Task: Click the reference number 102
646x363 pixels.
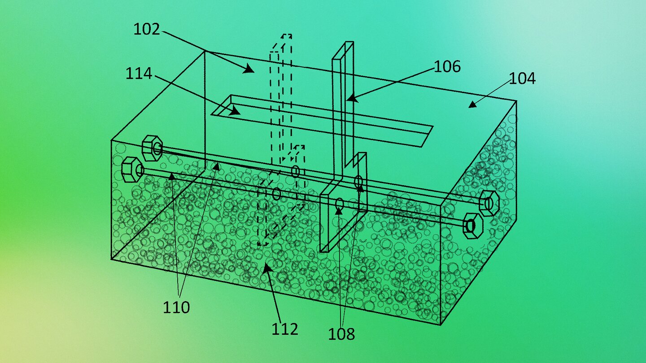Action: coord(147,30)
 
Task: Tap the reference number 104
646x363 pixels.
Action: coord(522,78)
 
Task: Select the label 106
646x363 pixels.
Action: coord(447,66)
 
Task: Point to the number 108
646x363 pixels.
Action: coord(341,334)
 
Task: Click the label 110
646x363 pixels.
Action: coord(176,307)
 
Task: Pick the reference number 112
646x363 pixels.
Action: coord(285,329)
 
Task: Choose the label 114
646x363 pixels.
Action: coord(139,73)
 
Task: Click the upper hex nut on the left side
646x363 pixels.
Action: coord(152,148)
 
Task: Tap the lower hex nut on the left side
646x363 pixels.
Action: coord(132,170)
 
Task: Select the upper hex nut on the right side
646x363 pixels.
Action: coord(489,203)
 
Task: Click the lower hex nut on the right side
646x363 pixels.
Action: coord(473,226)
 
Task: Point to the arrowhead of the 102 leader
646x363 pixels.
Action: coord(249,69)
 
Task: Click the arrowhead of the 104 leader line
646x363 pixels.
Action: coord(472,104)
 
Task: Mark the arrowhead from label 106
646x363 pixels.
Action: coord(352,99)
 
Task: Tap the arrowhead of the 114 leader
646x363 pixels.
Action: coord(235,111)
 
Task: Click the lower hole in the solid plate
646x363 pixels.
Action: coord(340,203)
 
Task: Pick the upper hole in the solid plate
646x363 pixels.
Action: coord(358,181)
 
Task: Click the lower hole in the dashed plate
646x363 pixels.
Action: coord(276,194)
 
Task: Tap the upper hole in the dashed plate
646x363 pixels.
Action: coord(295,171)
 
